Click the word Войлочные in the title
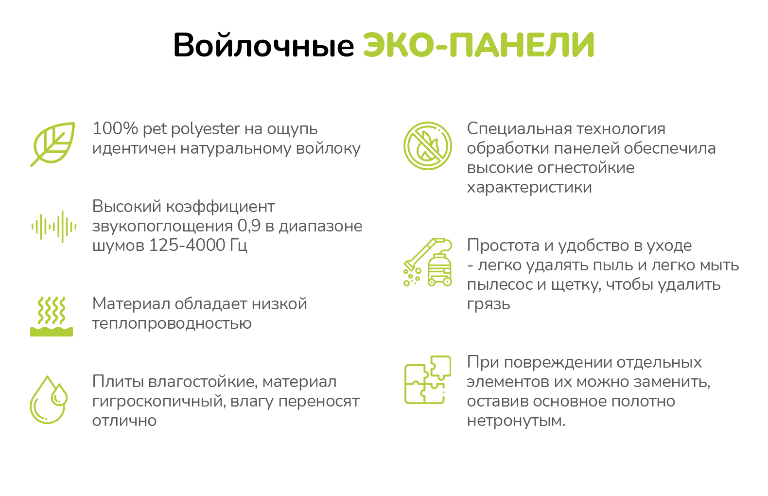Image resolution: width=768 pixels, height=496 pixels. pos(263,45)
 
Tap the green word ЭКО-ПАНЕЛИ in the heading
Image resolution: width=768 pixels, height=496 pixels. pos(479,45)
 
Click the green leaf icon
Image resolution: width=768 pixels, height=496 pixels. pos(53,144)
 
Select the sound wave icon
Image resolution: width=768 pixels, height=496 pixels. pos(54,227)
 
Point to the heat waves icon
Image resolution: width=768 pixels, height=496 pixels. pos(52,316)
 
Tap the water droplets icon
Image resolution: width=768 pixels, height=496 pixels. pos(49,400)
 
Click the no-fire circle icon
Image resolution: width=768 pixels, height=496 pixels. pos(428,146)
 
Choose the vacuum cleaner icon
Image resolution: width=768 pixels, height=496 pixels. pos(428,262)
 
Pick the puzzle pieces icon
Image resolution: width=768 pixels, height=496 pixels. pos(428,379)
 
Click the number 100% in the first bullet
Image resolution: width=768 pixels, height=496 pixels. pos(115,129)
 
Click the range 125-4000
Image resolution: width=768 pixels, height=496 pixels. pos(187,246)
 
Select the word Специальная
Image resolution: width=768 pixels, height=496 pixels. pos(519,129)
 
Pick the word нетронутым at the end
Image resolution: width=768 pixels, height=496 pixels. pos(516,421)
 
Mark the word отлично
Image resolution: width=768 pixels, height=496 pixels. pos(124,421)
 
